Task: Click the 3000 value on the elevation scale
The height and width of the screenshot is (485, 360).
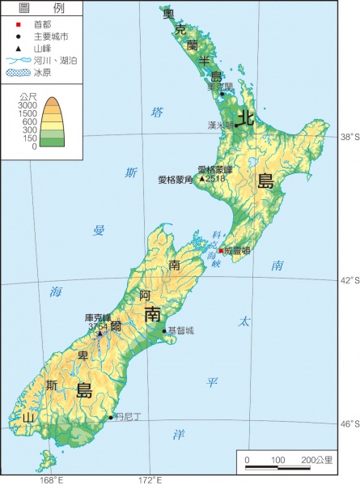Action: point(28,105)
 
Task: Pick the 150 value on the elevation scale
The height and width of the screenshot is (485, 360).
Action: point(31,138)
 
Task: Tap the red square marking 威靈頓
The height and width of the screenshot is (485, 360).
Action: point(220,251)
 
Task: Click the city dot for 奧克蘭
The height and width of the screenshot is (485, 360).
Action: point(222,95)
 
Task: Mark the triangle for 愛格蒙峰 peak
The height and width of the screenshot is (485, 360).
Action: point(202,178)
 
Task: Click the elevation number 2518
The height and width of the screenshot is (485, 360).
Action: point(216,178)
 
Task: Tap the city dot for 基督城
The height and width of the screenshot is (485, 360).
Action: point(164,330)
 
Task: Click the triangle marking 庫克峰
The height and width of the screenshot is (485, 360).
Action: point(78,333)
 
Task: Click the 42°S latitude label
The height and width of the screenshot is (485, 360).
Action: point(348,280)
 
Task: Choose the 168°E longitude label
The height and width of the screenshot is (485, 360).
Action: point(50,479)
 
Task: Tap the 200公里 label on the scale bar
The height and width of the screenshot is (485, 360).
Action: point(317,460)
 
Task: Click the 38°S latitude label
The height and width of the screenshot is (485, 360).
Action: point(348,137)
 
